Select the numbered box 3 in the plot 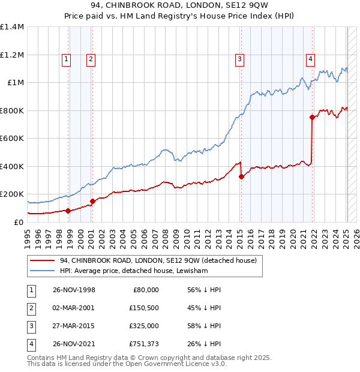point(239,59)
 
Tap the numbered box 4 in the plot point(310,59)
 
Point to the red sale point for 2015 point(241,176)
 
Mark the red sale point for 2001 point(92,201)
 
